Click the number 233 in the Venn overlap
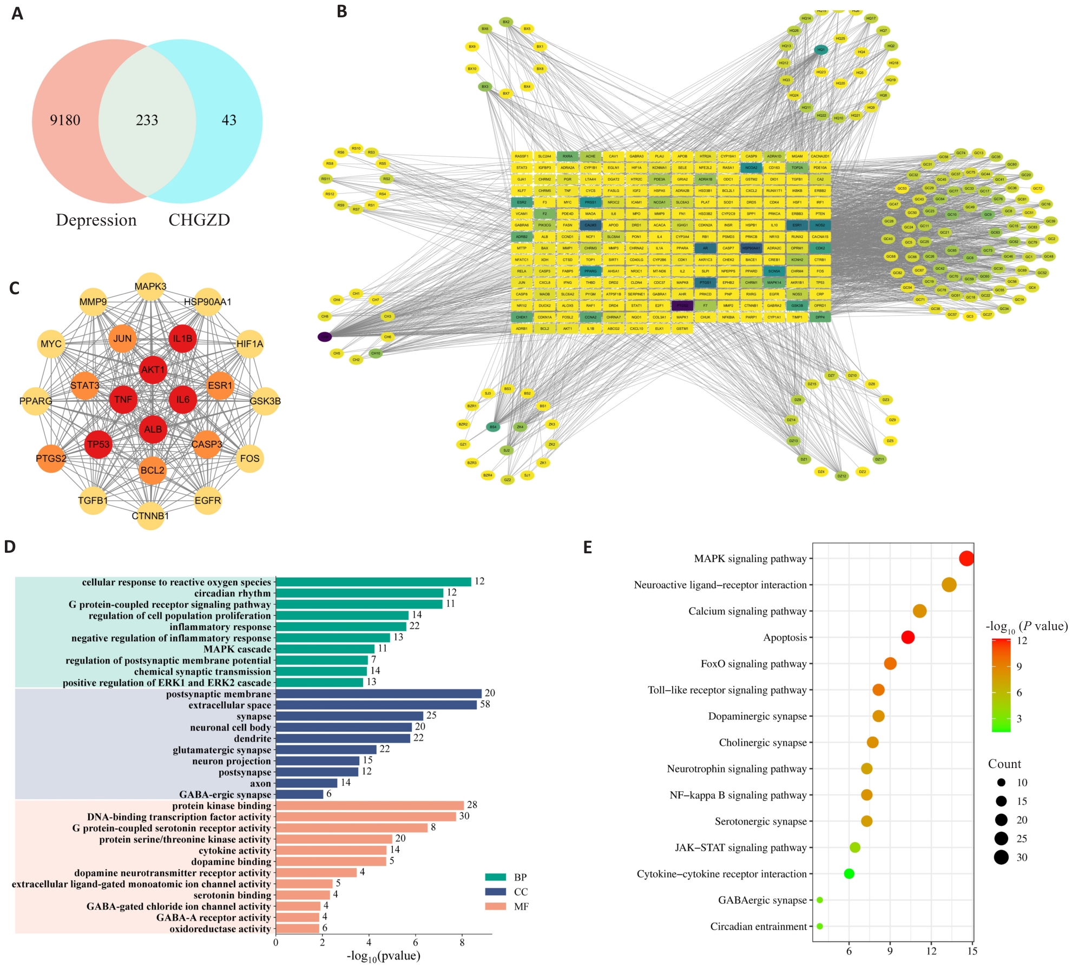coord(147,120)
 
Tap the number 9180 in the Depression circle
coord(65,120)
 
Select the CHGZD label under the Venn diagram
coord(199,220)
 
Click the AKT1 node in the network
coord(153,370)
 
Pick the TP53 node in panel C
coord(98,444)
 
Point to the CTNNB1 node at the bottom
coord(150,516)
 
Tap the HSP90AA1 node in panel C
coord(208,302)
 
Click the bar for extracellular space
coord(376,705)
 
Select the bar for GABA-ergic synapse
coord(299,794)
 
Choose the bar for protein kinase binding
coord(370,805)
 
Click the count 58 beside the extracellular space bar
coord(485,704)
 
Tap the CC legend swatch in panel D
coord(495,891)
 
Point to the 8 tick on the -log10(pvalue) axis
coord(462,942)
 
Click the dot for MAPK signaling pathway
coord(966,558)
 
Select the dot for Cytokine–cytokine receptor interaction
coord(849,873)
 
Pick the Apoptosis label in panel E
coord(785,638)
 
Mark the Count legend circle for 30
coord(1001,857)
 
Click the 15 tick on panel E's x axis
coord(972,951)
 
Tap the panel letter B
coord(341,11)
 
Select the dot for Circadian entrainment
coord(819,926)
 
